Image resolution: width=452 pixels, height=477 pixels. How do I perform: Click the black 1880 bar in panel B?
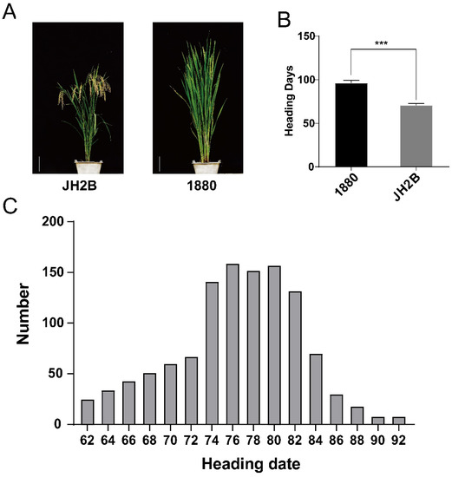point(351,125)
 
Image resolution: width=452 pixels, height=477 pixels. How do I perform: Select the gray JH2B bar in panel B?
point(416,136)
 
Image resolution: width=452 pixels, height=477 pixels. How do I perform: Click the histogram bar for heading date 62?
point(87,412)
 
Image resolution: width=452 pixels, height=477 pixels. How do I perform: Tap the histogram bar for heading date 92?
point(399,421)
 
